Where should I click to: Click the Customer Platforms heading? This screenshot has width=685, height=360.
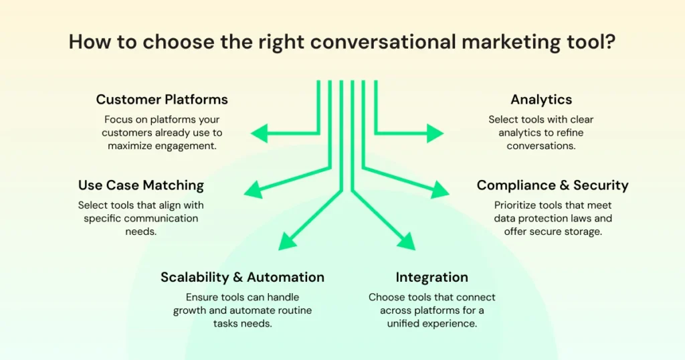[162, 100]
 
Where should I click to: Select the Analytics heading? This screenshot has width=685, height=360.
[541, 100]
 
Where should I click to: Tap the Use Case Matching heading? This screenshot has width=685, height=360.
[140, 185]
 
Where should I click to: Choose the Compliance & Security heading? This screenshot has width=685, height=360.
[553, 185]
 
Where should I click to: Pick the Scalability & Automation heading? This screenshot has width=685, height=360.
[242, 277]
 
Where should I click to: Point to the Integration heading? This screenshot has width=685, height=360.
[431, 277]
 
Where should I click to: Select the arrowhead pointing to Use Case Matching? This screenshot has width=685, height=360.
[254, 189]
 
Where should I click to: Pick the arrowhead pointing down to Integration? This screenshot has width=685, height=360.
[405, 241]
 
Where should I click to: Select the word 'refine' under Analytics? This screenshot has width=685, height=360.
[578, 132]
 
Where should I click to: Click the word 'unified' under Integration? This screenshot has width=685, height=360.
[405, 324]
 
